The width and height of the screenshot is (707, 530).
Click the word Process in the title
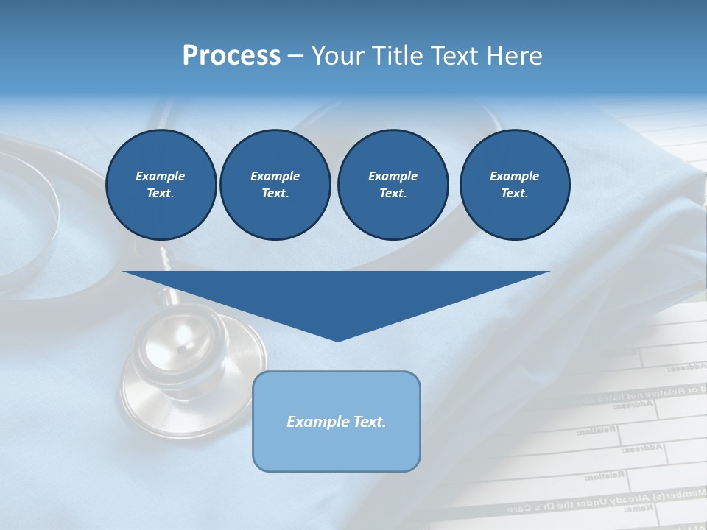pyautogui.click(x=231, y=55)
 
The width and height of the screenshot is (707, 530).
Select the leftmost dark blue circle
pyautogui.click(x=161, y=185)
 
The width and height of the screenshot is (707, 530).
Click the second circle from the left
pyautogui.click(x=275, y=185)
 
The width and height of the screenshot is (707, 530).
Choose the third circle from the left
pyautogui.click(x=393, y=185)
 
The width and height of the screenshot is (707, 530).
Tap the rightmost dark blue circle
pyautogui.click(x=515, y=185)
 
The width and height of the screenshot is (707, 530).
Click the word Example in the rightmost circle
pyautogui.click(x=514, y=176)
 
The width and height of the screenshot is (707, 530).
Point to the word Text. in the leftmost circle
pyautogui.click(x=161, y=194)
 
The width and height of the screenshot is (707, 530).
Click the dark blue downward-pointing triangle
pyautogui.click(x=336, y=294)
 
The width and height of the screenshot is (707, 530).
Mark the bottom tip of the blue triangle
pyautogui.click(x=337, y=339)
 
